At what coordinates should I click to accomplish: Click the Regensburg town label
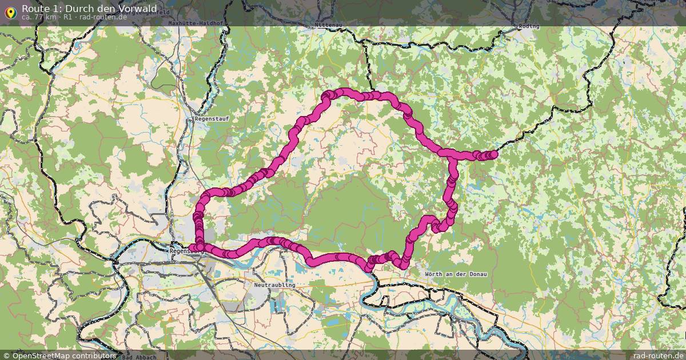tap(187, 250)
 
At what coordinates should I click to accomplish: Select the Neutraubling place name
tap(274, 285)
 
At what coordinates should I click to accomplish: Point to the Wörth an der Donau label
tap(456, 274)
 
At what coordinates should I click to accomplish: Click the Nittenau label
tap(328, 25)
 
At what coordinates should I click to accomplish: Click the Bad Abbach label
tap(139, 357)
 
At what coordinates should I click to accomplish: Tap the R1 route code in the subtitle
tap(67, 17)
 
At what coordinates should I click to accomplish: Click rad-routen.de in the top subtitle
tap(103, 17)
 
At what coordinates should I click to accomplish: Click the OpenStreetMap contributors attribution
tap(64, 355)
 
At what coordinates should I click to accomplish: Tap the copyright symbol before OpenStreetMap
tap(7, 355)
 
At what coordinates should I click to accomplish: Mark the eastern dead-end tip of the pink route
tap(494, 154)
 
